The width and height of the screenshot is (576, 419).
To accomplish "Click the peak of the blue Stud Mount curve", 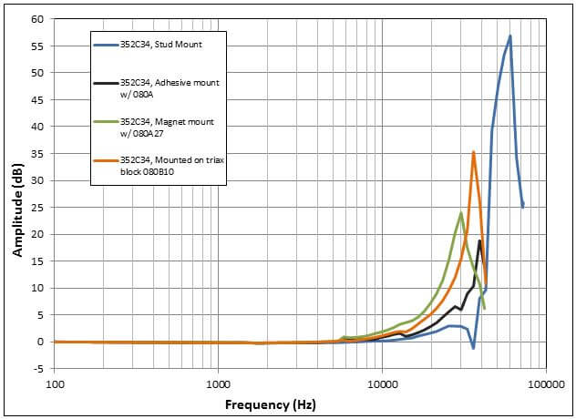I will tap(510, 36).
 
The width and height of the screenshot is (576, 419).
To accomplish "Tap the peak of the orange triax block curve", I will tap(473, 152).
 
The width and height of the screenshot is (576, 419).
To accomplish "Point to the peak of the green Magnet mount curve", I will tap(461, 213).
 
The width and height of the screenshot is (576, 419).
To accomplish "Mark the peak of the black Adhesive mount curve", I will tap(479, 240).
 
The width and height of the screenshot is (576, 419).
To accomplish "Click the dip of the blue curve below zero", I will tap(473, 348).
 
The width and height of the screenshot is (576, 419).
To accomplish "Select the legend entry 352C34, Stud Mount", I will tap(160, 44).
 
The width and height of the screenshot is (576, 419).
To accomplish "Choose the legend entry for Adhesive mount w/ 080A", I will tap(170, 87).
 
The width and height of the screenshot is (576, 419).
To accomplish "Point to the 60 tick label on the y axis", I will tap(38, 19).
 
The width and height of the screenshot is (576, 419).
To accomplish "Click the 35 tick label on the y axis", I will tap(38, 154).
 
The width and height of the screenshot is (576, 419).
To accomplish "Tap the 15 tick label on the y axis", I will tap(38, 261).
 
